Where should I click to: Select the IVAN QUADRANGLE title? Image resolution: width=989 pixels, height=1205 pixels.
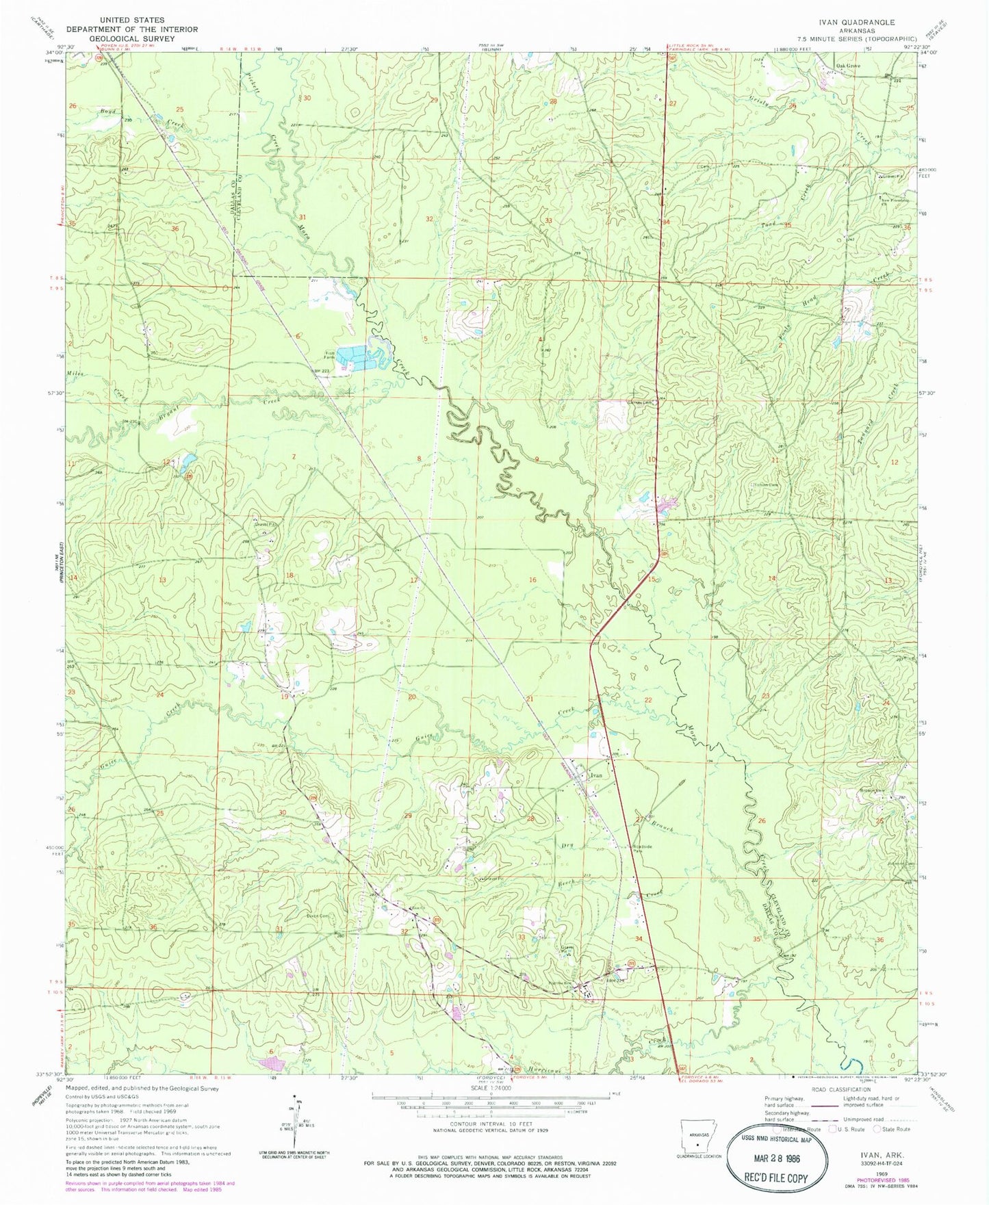(x=864, y=23)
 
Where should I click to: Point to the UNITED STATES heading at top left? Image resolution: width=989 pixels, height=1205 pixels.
(x=131, y=21)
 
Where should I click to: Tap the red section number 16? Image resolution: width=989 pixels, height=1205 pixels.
(x=532, y=580)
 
